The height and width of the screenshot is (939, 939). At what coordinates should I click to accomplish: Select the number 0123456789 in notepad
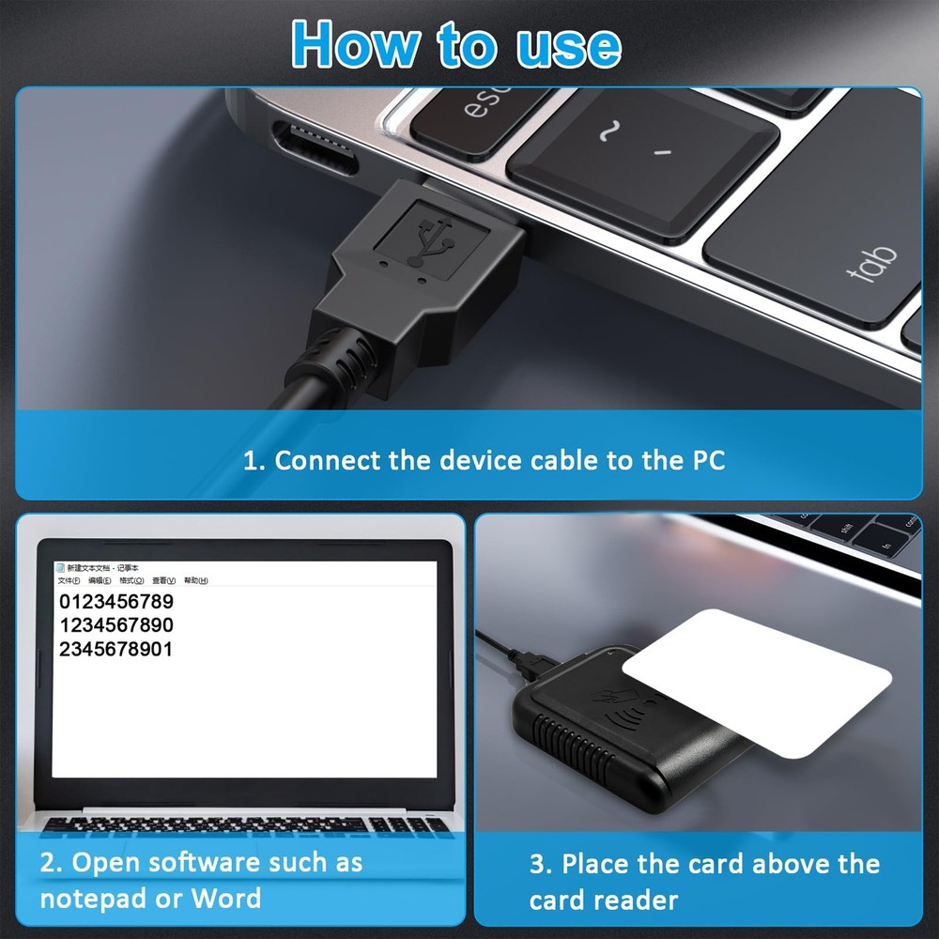tap(116, 601)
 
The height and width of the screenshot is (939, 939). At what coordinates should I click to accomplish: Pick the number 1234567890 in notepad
tap(116, 625)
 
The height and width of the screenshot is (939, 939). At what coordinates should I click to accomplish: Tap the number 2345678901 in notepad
tap(116, 650)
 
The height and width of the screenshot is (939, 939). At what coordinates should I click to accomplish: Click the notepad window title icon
tap(61, 568)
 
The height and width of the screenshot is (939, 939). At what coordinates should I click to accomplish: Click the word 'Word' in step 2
tap(226, 898)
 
